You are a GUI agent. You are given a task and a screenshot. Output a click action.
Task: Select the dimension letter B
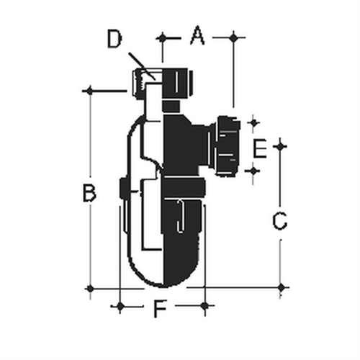point(88,193)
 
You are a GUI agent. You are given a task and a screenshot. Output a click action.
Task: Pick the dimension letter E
point(261,149)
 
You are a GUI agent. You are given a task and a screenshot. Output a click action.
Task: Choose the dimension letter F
point(161,310)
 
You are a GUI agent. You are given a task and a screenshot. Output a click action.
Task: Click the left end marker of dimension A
point(162,36)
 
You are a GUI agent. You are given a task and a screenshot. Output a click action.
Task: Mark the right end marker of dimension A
point(233,36)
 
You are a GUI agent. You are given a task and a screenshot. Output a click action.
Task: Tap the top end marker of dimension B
point(89,91)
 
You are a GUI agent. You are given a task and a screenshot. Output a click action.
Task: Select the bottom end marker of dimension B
point(89,288)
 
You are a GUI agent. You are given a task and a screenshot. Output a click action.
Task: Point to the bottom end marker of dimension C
point(281,287)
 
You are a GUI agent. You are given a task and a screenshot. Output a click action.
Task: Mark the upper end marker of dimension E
point(253,123)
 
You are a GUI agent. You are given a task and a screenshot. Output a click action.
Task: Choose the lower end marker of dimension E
point(253,170)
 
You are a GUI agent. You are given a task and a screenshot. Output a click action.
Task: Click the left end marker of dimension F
point(120,307)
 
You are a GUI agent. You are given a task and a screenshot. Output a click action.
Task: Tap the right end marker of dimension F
point(205,307)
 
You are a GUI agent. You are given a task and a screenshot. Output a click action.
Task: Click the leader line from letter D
point(142,63)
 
